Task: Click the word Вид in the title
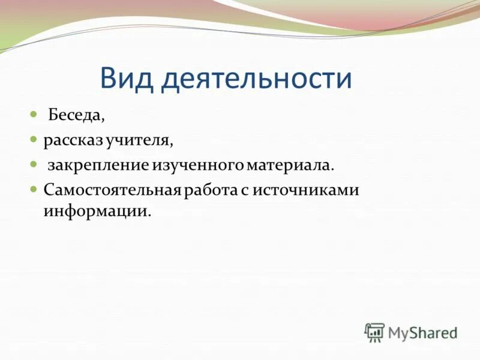(128, 79)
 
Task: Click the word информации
(95, 211)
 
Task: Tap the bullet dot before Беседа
(34, 113)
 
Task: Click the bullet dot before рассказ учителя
(34, 139)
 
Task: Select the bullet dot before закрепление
(34, 163)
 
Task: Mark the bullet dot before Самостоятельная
(34, 188)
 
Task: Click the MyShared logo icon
(374, 332)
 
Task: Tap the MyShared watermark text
(422, 332)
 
